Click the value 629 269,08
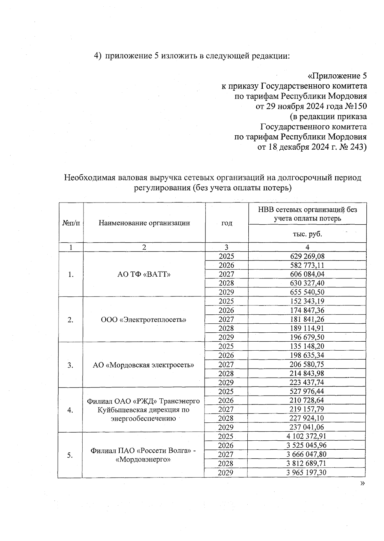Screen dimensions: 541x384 307,256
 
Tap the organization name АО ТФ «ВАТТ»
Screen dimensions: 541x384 144,274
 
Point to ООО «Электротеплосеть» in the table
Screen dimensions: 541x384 144,320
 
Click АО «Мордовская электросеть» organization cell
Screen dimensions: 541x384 144,365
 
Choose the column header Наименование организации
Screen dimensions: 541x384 144,223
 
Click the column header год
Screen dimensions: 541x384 227,223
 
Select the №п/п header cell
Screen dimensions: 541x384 71,223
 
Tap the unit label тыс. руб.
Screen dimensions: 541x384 307,234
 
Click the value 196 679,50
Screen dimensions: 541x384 307,337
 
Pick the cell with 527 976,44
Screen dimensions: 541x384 307,391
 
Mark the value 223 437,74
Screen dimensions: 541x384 307,382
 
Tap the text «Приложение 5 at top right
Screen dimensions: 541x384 337,76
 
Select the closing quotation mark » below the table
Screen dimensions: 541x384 362,483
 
